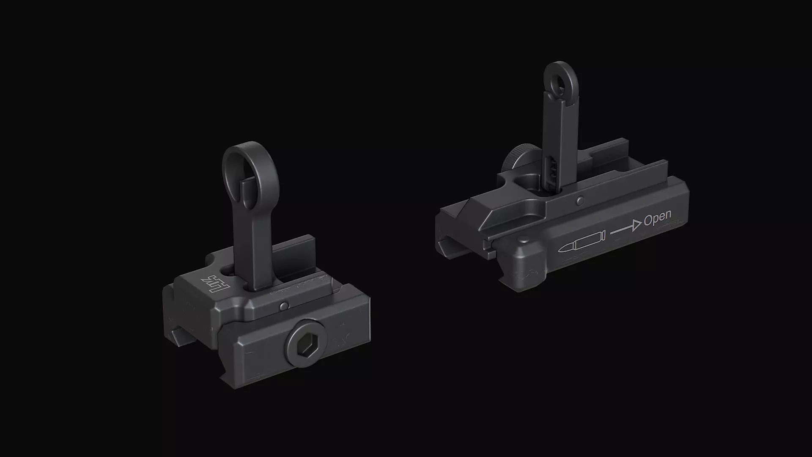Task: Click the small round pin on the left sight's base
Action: (285, 305)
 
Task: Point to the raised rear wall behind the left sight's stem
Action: (296, 254)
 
